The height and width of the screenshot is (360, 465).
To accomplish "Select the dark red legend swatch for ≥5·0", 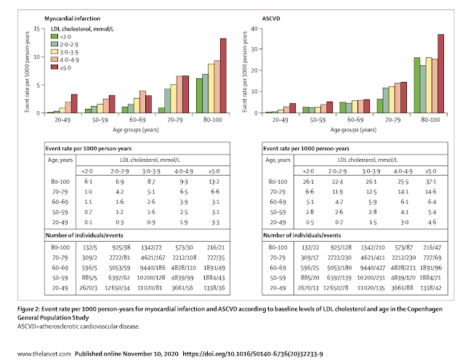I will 54,67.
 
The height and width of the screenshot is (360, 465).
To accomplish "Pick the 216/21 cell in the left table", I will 216,248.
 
